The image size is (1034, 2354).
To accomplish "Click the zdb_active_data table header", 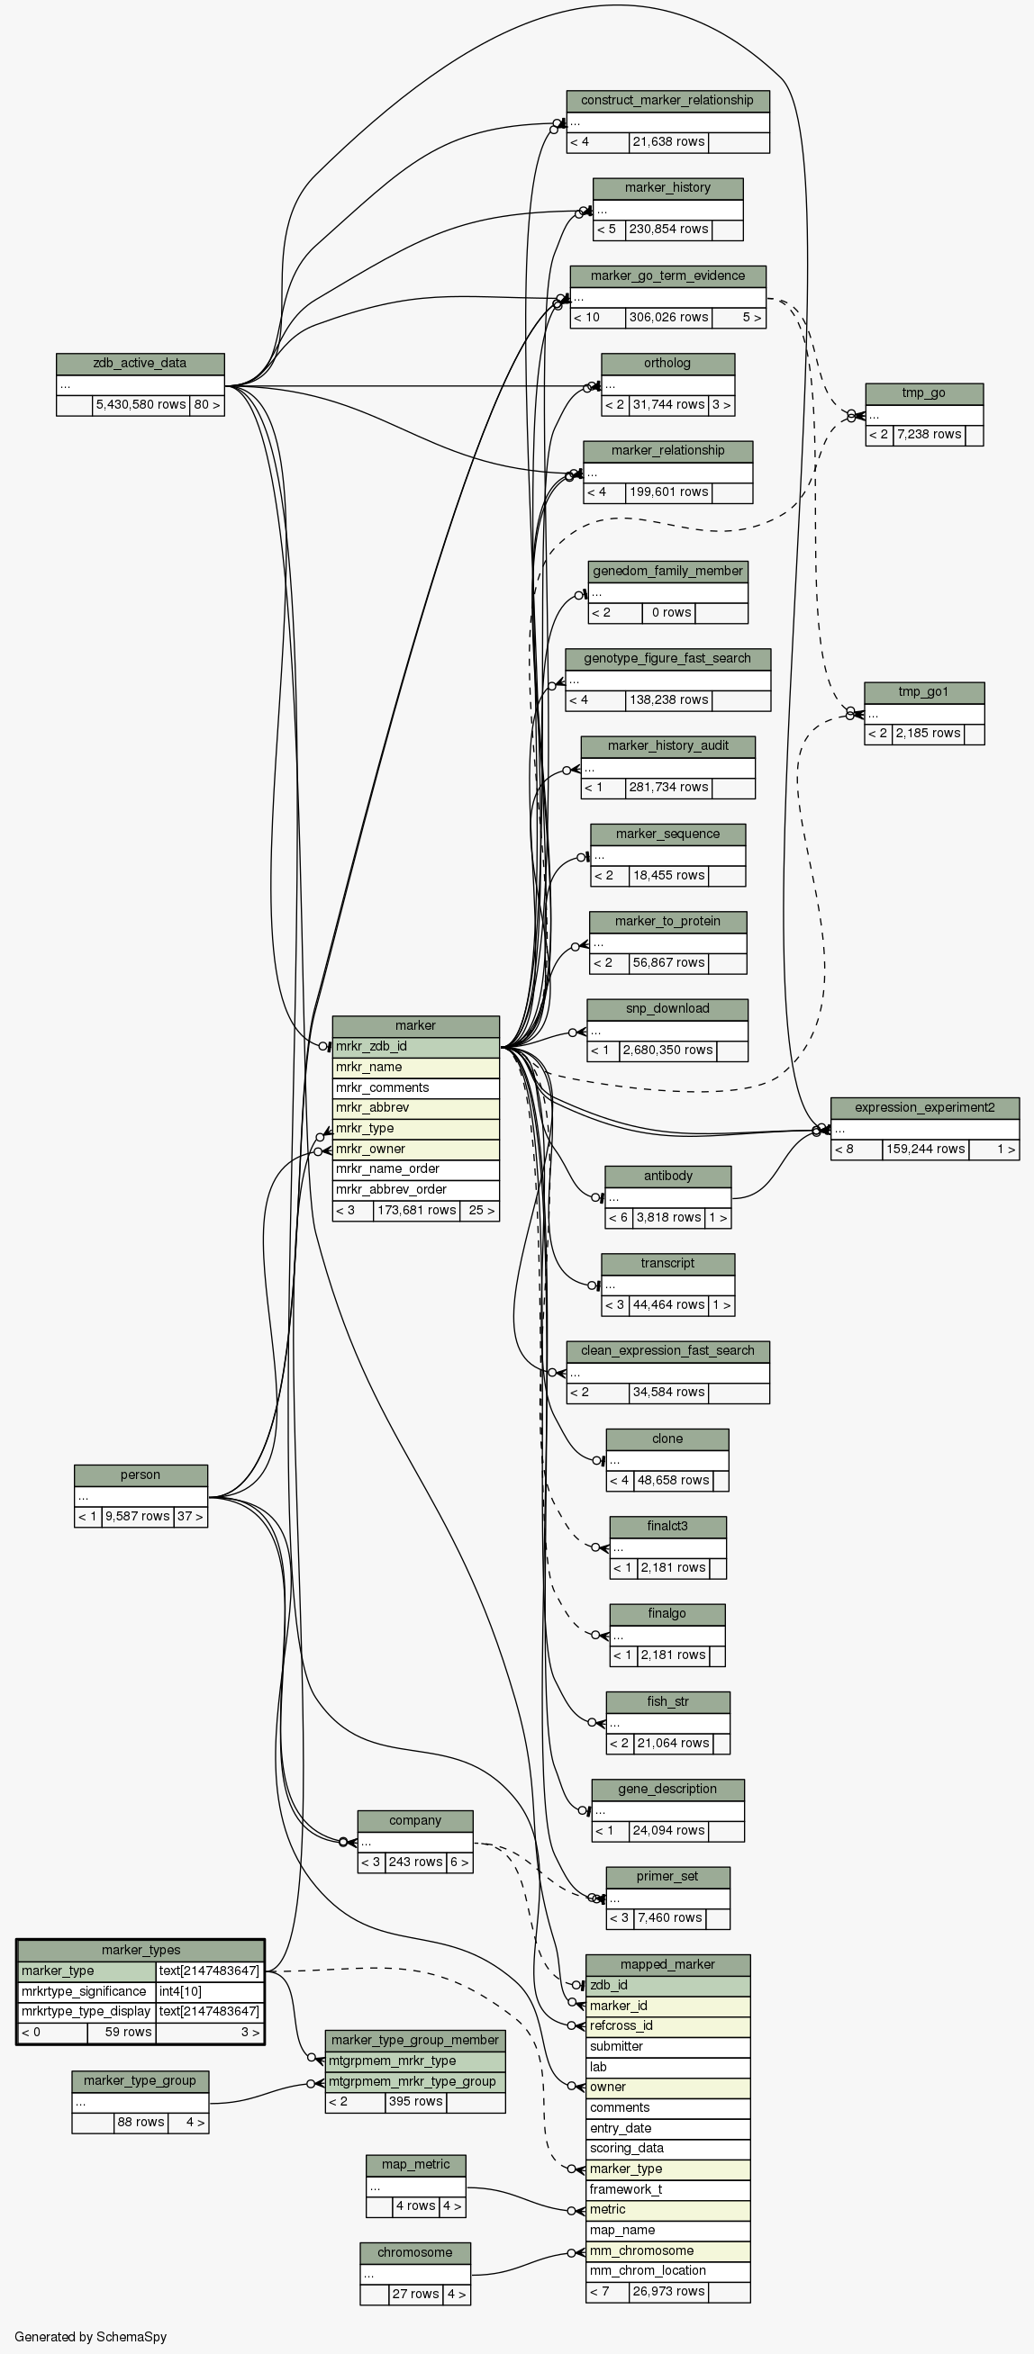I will point(140,364).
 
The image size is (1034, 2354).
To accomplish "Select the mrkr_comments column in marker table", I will point(415,1087).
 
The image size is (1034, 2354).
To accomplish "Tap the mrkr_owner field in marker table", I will point(415,1149).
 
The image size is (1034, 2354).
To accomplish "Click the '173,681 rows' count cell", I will point(416,1211).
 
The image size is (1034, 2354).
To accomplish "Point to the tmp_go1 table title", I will point(923,691).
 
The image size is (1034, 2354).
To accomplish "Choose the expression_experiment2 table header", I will point(924,1107).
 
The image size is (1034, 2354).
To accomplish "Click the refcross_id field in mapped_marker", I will point(667,2026).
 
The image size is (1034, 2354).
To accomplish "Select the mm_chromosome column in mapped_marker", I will point(667,2250).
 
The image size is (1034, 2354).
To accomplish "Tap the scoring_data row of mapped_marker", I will point(667,2148).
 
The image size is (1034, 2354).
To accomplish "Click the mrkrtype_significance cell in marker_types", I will point(85,1991).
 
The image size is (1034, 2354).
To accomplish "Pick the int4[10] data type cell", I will point(209,1991).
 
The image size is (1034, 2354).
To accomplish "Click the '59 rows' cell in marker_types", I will point(121,2033).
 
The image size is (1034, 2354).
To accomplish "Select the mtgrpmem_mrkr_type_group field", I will point(415,2081).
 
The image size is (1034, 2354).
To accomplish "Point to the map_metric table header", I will point(415,2165).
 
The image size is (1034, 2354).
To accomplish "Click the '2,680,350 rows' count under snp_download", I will point(667,1051).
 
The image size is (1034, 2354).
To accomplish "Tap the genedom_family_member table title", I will point(667,571).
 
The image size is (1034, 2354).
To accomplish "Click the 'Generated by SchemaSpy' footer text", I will point(90,2337).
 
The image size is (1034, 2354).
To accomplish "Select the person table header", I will point(140,1475).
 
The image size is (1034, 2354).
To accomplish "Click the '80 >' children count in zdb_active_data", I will point(206,405).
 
